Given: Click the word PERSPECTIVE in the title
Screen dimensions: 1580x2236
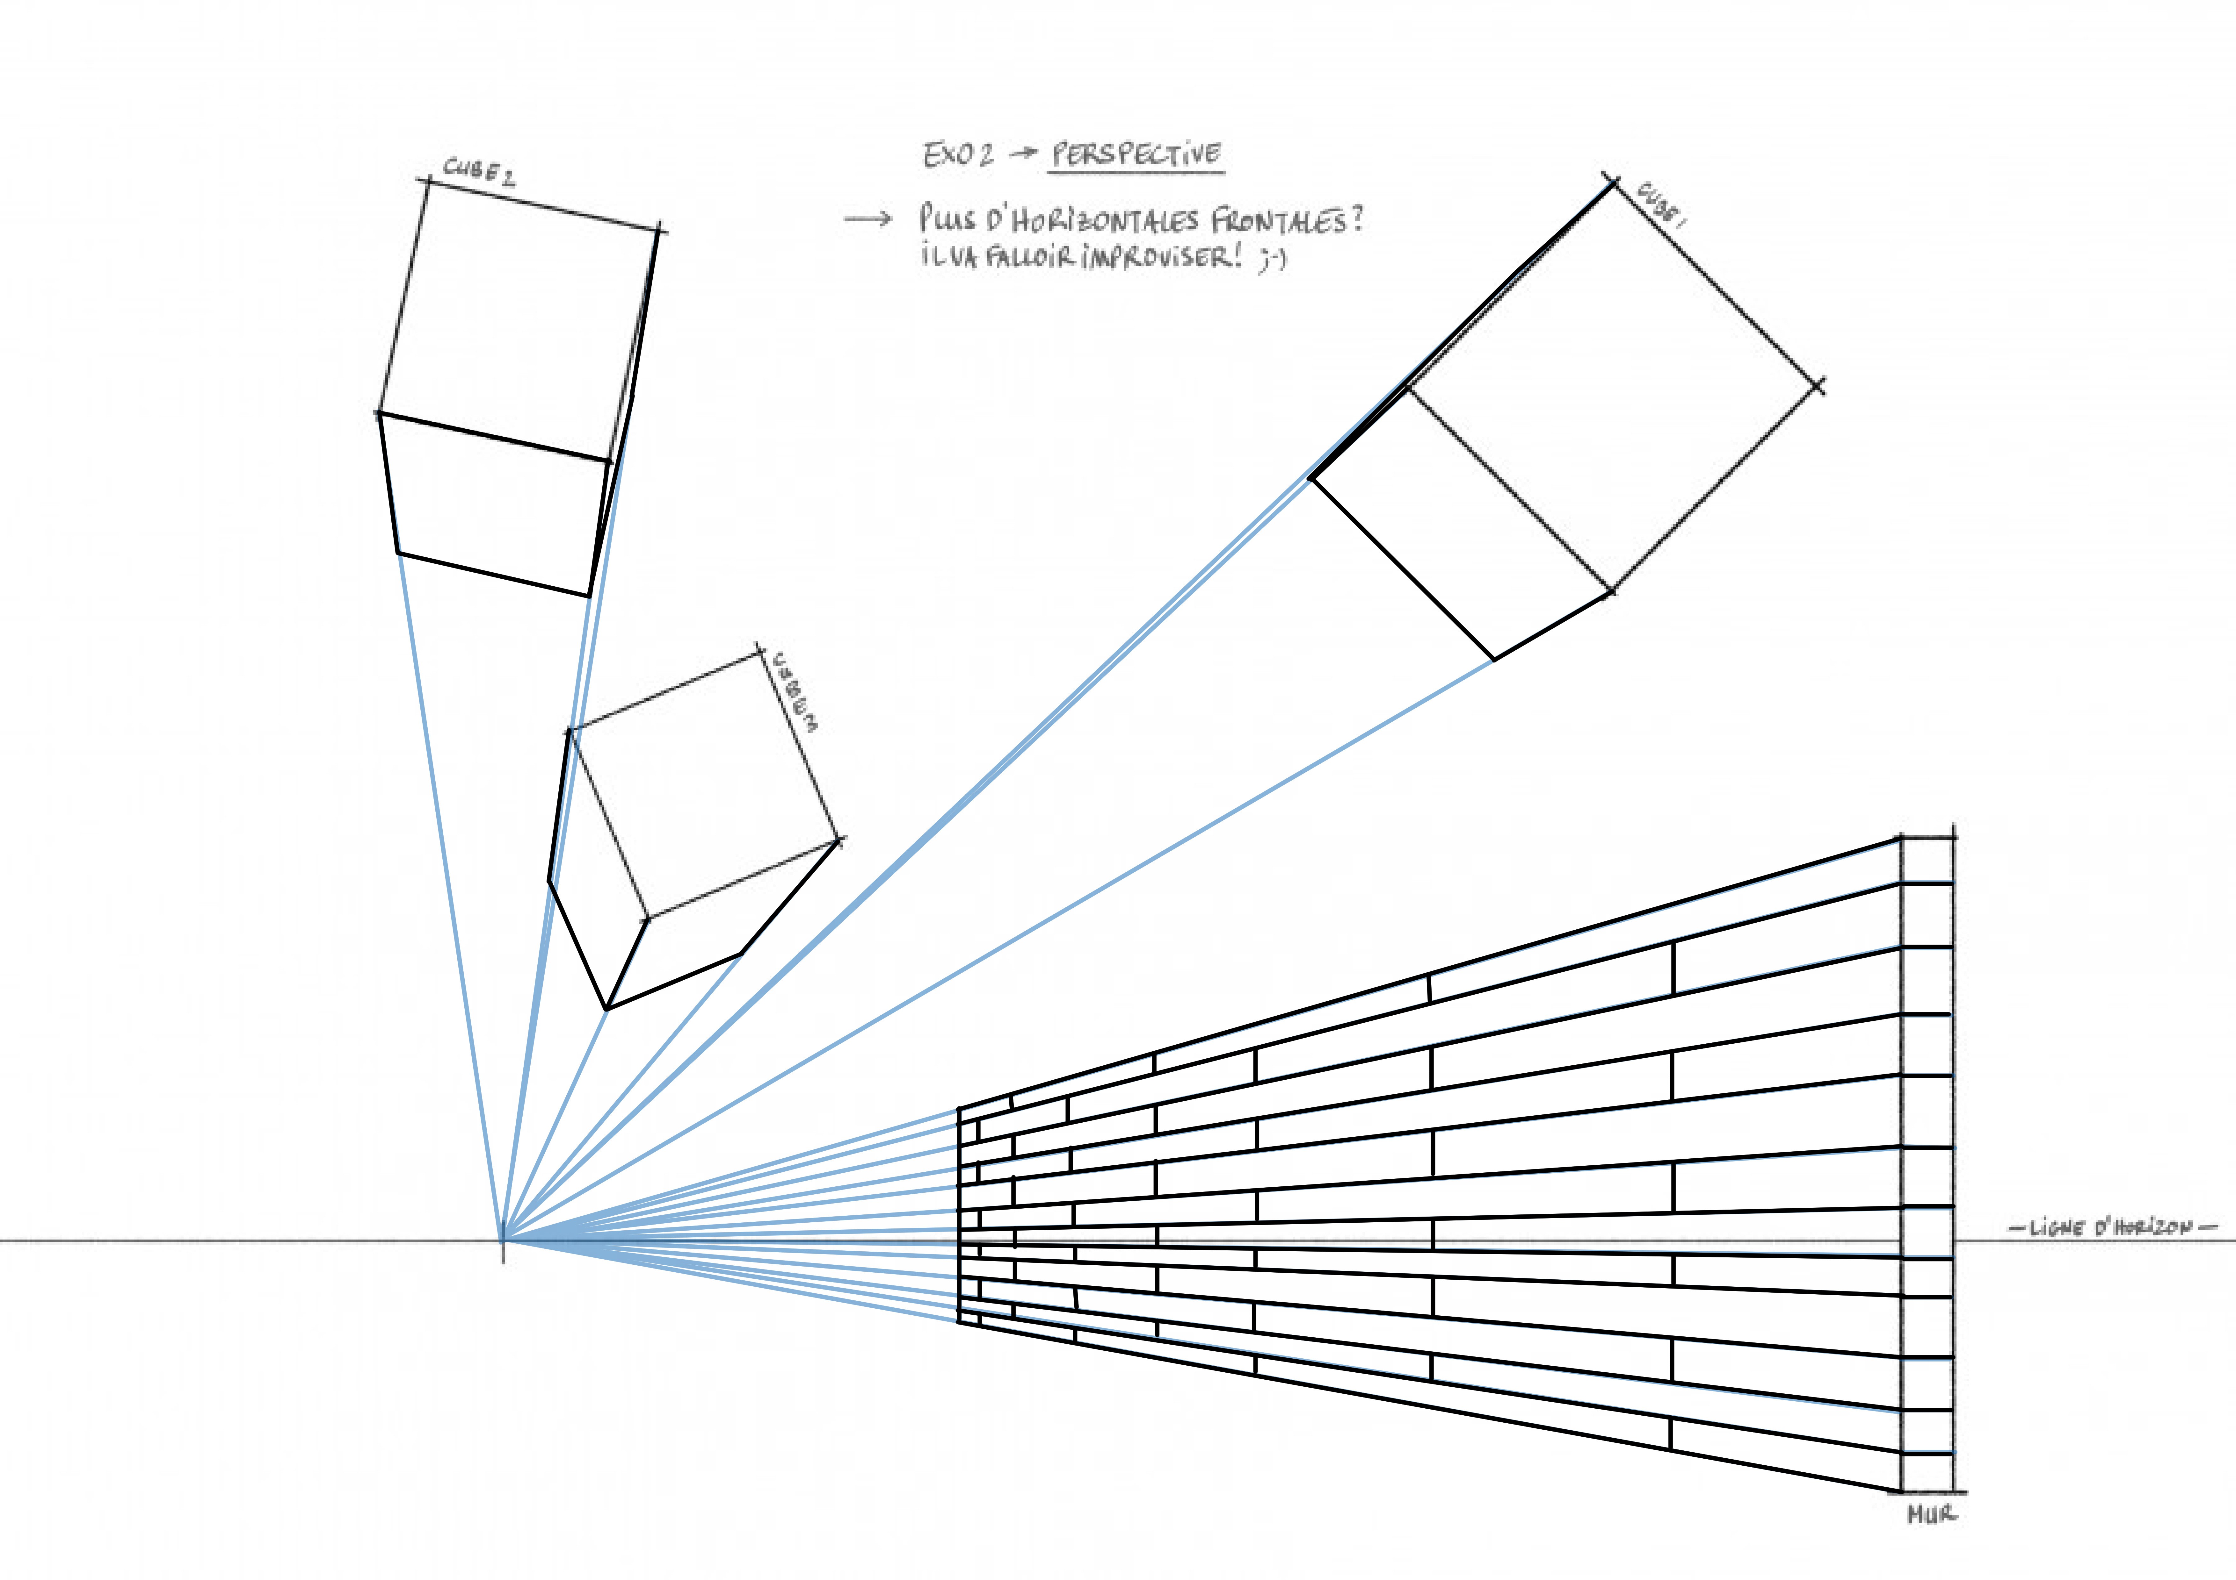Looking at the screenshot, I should pos(1136,154).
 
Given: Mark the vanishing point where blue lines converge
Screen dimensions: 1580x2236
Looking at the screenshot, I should pos(503,1240).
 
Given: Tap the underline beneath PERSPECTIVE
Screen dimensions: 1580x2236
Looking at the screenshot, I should pos(1136,173).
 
